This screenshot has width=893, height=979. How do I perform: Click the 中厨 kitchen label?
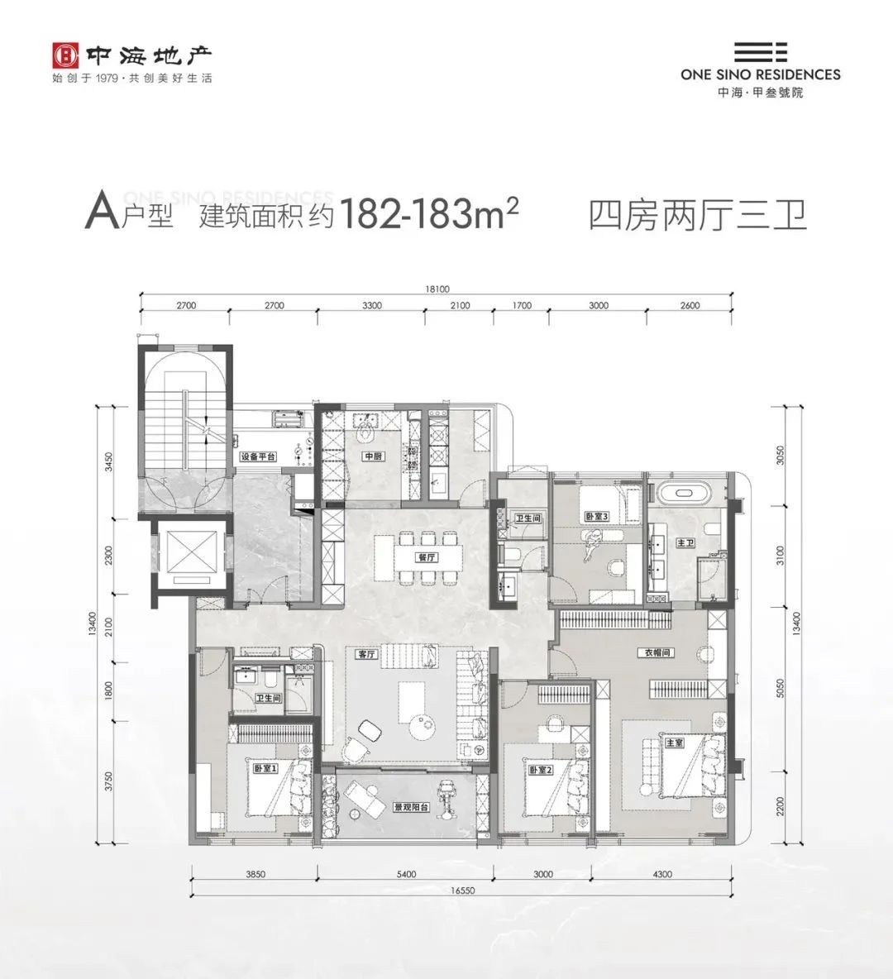coord(370,456)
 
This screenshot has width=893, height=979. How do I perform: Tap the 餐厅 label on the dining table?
coord(427,556)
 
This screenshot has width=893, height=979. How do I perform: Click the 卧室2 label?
coord(540,771)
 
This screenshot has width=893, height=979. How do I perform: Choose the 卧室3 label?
coord(597,517)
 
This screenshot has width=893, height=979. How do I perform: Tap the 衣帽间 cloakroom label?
coord(657,652)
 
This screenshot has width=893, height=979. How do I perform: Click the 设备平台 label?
coord(257,456)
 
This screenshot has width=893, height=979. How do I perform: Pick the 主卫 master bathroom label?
coord(685,542)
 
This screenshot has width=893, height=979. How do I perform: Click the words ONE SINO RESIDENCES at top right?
coord(760,74)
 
